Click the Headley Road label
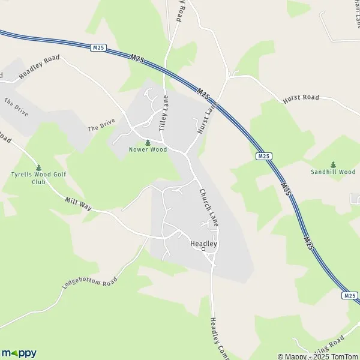click(40, 67)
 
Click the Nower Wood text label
click(147, 149)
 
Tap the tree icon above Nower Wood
click(147, 142)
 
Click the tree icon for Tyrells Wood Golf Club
click(39, 167)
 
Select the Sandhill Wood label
click(333, 172)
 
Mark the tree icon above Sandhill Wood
click(333, 164)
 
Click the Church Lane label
click(208, 207)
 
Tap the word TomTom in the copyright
click(344, 356)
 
